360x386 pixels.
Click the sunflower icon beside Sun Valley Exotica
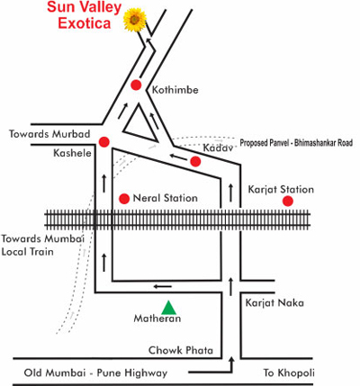135,20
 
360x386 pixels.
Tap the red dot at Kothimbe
136,85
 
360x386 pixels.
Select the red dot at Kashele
104,142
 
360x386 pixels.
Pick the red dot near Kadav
195,161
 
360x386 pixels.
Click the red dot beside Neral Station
124,199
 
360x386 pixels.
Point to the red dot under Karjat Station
288,201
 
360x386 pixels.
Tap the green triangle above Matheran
169,308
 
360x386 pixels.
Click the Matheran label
157,319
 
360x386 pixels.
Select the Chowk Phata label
181,350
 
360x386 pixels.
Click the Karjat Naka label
274,302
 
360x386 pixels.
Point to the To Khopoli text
289,373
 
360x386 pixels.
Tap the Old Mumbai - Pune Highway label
95,373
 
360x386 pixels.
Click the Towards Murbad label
49,134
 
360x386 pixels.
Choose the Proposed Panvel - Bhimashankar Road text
296,143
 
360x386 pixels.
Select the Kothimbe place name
175,90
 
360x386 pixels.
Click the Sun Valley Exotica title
84,15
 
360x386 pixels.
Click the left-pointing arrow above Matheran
163,286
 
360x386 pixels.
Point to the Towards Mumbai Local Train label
42,245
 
